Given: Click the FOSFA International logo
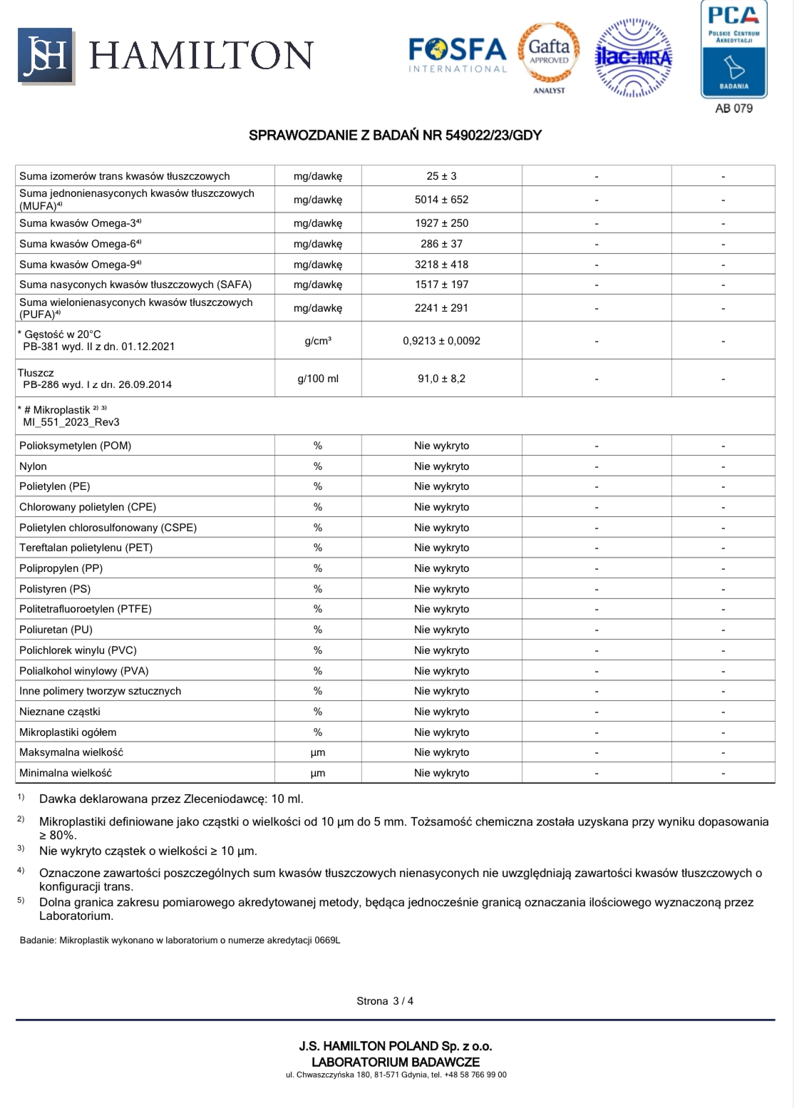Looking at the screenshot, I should click(x=457, y=54).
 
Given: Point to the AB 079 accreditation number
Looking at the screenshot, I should click(x=733, y=108).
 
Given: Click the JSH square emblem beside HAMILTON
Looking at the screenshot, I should click(x=45, y=55).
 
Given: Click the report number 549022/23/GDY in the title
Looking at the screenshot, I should click(x=493, y=135).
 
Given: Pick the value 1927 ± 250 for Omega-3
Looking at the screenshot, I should click(x=441, y=223).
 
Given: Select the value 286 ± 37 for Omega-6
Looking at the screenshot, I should click(x=441, y=244).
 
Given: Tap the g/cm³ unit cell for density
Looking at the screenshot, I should click(x=318, y=341).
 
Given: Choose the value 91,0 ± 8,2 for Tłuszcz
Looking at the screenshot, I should click(x=441, y=379).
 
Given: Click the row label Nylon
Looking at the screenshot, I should click(x=33, y=466).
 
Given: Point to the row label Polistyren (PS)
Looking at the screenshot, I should click(x=55, y=589).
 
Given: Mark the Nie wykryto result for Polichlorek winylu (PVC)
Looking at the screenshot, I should click(x=441, y=650).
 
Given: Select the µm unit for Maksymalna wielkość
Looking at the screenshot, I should click(x=318, y=752).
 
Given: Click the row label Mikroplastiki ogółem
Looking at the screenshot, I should click(x=68, y=732).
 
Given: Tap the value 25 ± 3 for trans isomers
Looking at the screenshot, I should click(x=441, y=176).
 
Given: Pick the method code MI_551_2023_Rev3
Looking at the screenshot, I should click(x=71, y=422).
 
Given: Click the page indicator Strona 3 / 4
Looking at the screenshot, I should click(x=385, y=1001).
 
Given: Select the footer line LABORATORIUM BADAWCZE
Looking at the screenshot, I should click(x=396, y=1062).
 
